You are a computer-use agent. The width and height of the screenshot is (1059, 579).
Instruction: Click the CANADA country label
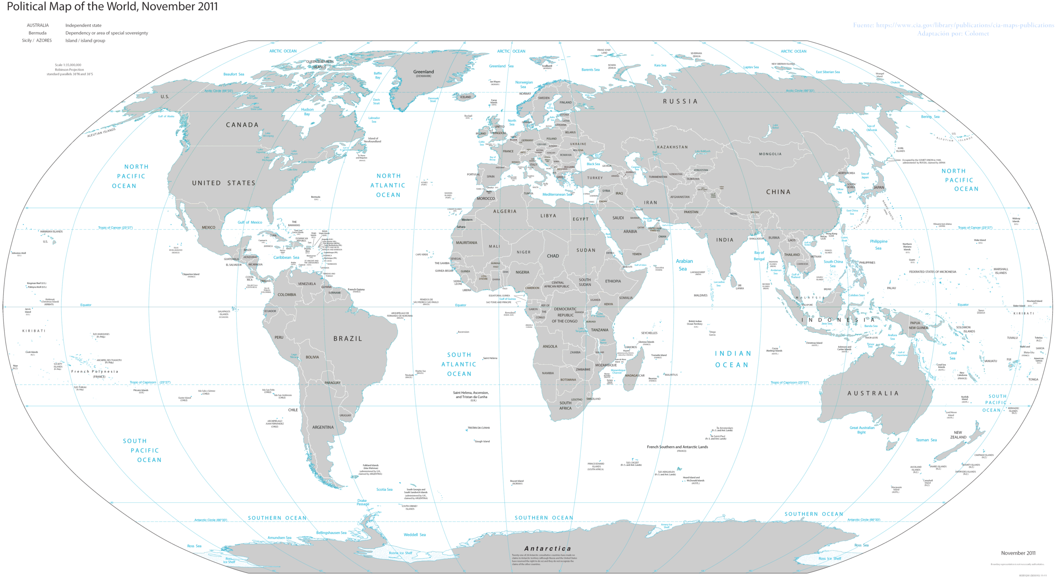242,125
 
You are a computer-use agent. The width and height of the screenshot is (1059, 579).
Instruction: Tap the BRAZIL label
348,338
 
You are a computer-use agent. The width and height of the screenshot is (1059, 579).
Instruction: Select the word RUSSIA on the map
680,101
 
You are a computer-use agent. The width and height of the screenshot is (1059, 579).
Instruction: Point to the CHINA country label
778,192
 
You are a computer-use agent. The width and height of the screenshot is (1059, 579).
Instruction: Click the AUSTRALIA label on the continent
873,393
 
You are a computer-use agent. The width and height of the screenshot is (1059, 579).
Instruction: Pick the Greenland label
424,72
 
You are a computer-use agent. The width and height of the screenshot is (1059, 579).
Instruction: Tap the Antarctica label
548,548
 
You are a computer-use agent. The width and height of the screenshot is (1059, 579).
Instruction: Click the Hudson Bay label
307,112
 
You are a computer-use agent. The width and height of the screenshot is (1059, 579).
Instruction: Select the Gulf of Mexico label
250,223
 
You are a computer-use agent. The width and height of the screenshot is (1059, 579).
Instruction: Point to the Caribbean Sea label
286,257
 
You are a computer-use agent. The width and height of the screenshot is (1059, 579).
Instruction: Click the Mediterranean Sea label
557,194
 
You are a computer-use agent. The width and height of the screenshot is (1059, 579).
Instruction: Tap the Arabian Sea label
684,265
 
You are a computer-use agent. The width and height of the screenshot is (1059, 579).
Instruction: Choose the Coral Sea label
952,356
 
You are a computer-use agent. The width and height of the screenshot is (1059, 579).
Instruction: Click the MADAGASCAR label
635,376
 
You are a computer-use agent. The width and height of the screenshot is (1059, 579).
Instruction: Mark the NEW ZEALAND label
958,435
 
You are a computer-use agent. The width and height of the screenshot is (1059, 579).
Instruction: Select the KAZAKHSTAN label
672,147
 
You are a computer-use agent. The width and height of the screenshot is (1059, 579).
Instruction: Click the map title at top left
112,7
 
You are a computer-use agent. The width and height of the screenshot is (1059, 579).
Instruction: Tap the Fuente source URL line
953,25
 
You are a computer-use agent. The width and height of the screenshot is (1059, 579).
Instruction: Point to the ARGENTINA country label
323,427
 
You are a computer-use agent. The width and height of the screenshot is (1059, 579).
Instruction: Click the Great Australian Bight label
862,430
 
